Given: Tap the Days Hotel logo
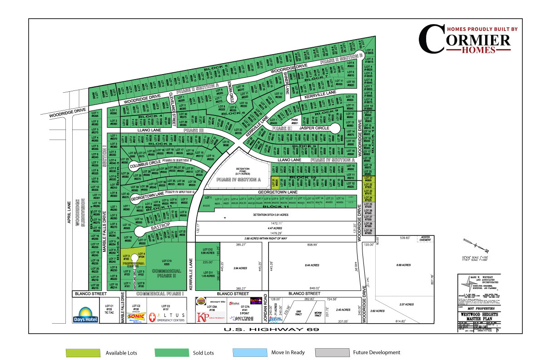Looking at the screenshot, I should point(85,315).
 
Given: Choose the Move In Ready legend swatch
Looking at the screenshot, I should point(249,353).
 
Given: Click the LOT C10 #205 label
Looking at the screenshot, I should point(166,262).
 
